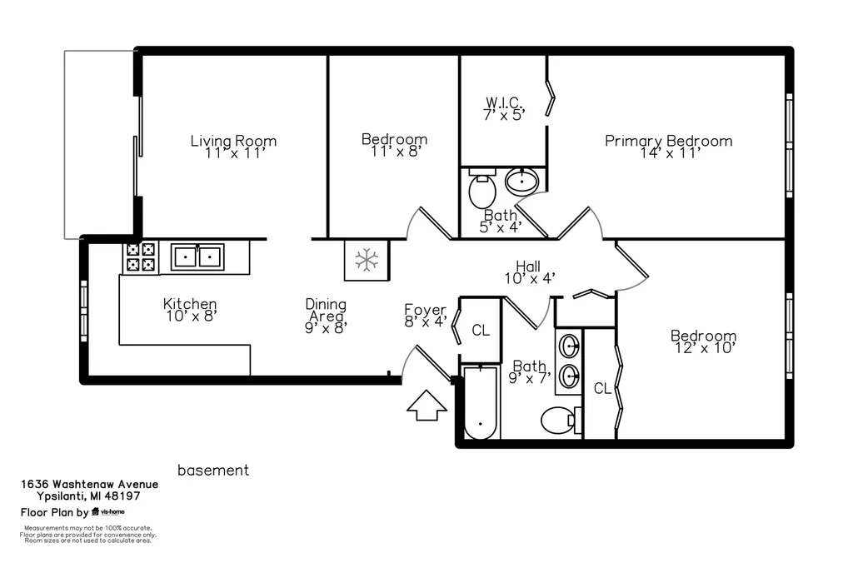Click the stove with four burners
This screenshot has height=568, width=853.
click(141, 257)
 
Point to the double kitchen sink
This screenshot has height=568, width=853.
click(197, 257)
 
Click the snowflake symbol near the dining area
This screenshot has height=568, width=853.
click(367, 260)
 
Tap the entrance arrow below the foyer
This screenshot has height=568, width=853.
click(426, 406)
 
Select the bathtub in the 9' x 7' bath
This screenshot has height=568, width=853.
click(481, 402)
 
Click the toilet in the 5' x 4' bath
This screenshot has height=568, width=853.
click(482, 188)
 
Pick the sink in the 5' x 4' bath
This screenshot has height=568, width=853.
click(522, 182)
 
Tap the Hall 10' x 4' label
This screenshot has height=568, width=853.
click(529, 272)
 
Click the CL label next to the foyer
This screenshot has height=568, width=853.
click(481, 330)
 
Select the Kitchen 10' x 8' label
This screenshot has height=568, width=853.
click(191, 310)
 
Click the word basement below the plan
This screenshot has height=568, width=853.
click(213, 470)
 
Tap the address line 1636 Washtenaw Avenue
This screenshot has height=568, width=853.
click(90, 484)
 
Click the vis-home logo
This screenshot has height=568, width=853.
click(108, 511)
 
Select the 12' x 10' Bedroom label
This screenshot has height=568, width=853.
click(704, 341)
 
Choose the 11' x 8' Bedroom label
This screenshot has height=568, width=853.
click(394, 145)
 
